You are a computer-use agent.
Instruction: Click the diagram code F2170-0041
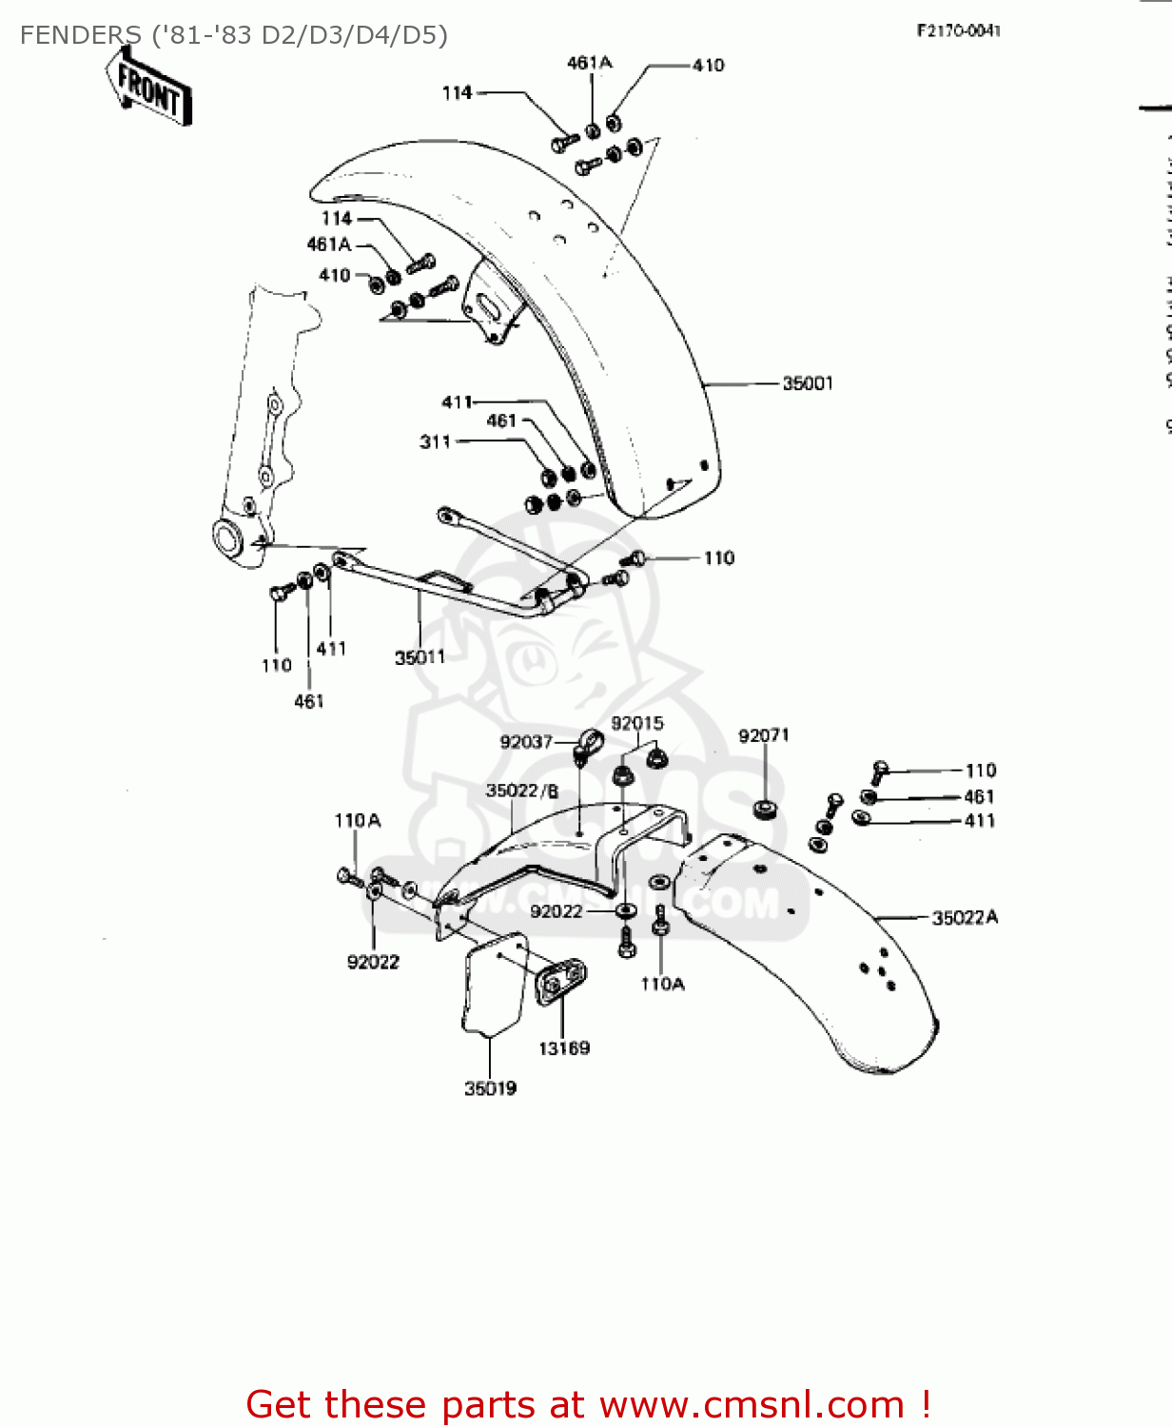pos(958,30)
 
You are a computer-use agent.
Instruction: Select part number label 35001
pos(808,383)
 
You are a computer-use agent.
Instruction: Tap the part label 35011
pos(420,657)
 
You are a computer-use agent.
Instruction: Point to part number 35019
pos(490,1088)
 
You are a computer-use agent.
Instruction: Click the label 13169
pos(564,1048)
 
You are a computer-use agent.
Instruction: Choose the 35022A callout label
pos(965,918)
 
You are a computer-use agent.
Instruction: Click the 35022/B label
pos(522,791)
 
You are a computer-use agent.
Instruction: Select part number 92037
pos(526,742)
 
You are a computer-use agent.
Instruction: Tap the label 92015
pos(637,723)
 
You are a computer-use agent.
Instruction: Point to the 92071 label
pos(764,735)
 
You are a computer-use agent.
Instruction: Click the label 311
pos(435,441)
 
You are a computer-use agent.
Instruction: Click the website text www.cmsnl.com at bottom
pos(752,1404)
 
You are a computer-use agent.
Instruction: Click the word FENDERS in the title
pos(81,35)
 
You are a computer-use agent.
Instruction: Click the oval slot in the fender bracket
pos(487,303)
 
